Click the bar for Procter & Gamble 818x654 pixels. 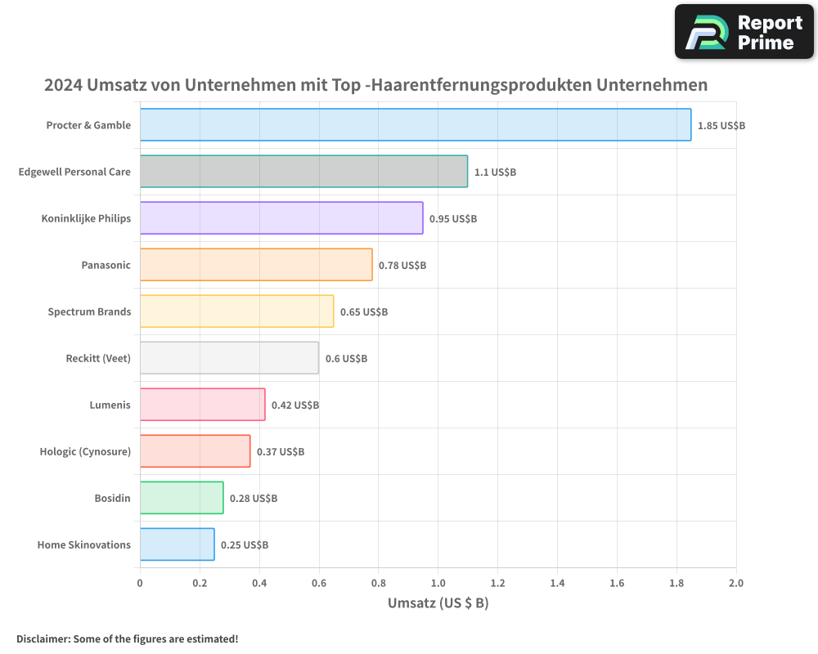point(416,125)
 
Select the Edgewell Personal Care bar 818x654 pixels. point(303,172)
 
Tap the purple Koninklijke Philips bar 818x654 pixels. point(281,218)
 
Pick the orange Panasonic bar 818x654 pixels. point(256,265)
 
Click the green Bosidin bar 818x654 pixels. point(182,498)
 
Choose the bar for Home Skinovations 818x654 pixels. point(177,544)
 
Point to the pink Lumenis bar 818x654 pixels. point(202,405)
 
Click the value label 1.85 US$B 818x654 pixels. point(721,126)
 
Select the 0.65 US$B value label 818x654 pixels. point(364,312)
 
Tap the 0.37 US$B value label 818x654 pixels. point(281,452)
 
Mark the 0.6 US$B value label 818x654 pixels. point(346,359)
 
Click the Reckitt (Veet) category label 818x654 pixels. point(98,358)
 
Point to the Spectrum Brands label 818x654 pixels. point(89,311)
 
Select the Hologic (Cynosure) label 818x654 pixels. point(85,451)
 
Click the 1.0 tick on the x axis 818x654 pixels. point(438,583)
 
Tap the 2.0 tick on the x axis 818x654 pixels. point(735,583)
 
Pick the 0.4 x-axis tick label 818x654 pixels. point(258,583)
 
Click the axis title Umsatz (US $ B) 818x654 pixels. point(438,603)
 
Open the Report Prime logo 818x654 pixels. point(744,32)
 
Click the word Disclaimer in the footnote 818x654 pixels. point(43,638)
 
